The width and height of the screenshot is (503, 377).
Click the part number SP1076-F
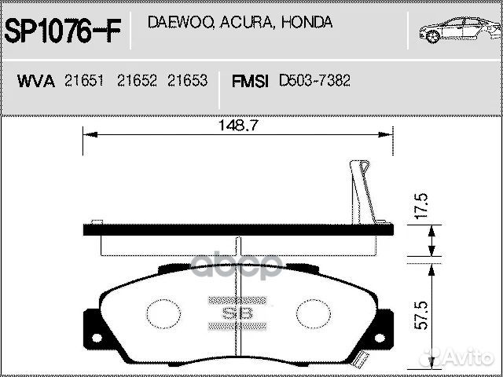[x=63, y=31]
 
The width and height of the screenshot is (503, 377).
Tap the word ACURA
[x=240, y=23]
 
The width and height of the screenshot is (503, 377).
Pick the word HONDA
[x=306, y=23]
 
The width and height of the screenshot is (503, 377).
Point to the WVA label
[x=35, y=82]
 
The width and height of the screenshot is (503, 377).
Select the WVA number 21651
[x=83, y=82]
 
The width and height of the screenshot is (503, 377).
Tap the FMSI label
[x=251, y=82]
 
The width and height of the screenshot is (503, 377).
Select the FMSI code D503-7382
[x=314, y=82]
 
